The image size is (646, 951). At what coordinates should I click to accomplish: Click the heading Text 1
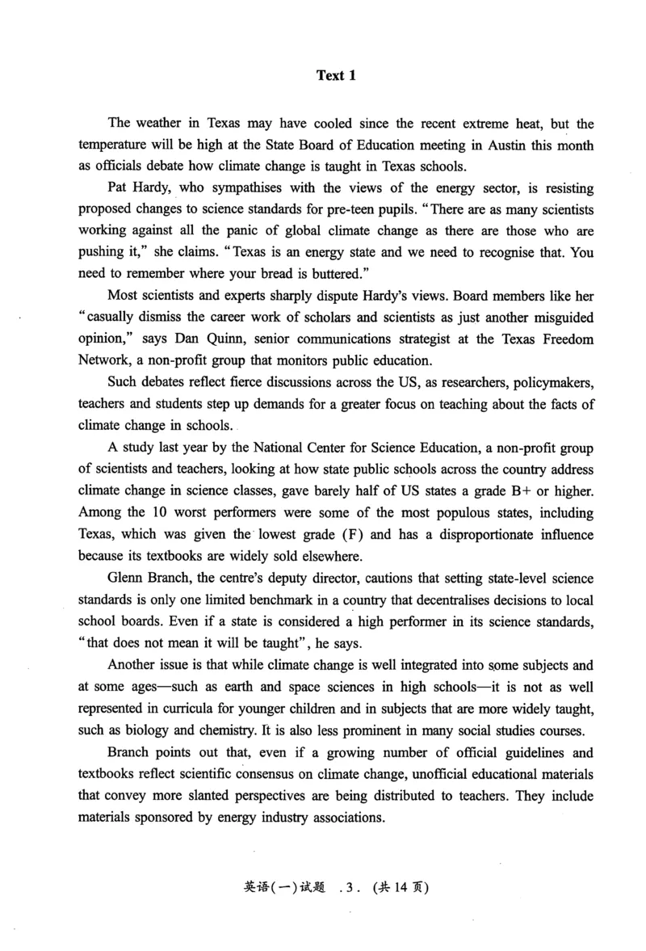pos(336,76)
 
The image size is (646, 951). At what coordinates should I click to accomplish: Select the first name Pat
pos(118,189)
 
